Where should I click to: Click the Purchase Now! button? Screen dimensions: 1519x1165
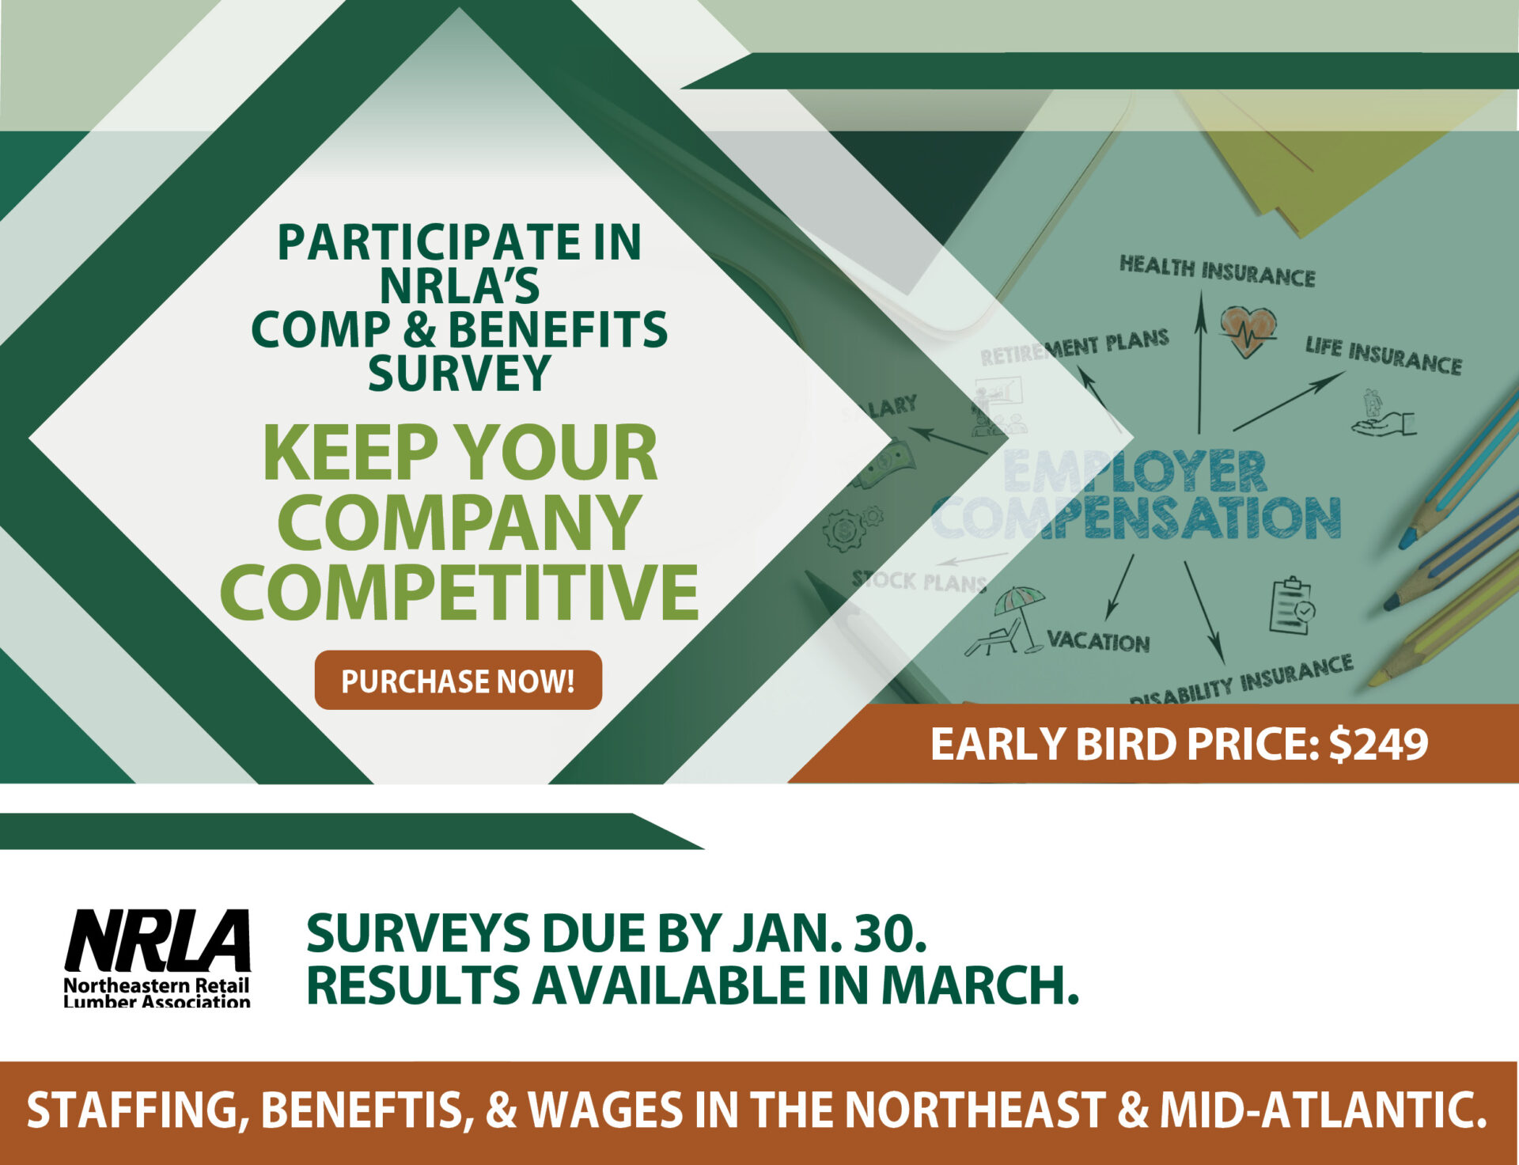[x=458, y=680]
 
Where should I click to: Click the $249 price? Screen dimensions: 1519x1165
[x=1379, y=744]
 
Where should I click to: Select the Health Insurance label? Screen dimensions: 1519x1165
[x=1217, y=271]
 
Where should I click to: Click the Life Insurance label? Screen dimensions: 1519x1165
[x=1383, y=355]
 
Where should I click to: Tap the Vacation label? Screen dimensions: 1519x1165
[x=1098, y=640]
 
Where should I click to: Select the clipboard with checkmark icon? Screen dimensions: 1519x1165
[x=1292, y=606]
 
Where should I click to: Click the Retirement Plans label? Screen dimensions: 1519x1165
[x=1074, y=347]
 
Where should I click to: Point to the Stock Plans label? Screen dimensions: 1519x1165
[x=919, y=582]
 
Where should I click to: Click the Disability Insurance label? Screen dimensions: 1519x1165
[x=1241, y=681]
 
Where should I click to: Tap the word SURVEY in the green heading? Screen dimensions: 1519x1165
[x=459, y=374]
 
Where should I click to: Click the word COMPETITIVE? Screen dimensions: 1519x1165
[x=459, y=591]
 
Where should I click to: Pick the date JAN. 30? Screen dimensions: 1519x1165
[x=829, y=933]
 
